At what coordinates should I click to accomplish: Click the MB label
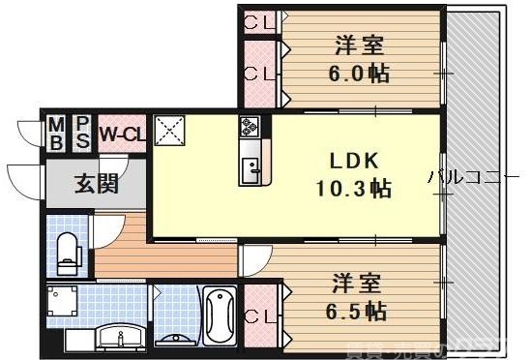[x=56, y=134]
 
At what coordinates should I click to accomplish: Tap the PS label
[x=82, y=134]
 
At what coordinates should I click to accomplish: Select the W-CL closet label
[x=121, y=134]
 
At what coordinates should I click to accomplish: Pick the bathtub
[x=221, y=315]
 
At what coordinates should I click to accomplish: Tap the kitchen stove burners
[x=250, y=127]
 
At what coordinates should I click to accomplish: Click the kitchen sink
[x=251, y=170]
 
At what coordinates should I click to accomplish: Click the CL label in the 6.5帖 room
[x=257, y=315]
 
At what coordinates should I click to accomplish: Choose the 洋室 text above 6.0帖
[x=360, y=45]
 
